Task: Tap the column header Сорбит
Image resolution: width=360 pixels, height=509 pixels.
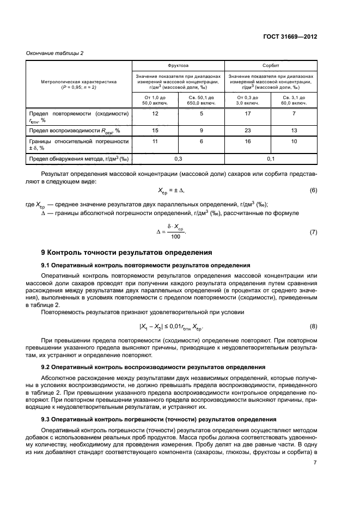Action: pos(271,64)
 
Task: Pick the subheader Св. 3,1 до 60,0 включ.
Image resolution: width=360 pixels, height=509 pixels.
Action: pos(294,100)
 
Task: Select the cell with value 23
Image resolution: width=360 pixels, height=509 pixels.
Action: pos(248,131)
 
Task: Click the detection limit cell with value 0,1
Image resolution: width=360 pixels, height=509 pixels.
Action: pos(271,158)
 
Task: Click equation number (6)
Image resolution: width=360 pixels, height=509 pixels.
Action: pos(313,191)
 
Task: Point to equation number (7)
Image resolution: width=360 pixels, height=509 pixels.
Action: pos(313,232)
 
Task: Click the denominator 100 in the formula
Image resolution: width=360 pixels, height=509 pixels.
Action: pos(175,237)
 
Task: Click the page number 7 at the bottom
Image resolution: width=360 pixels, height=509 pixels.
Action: pos(315,463)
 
